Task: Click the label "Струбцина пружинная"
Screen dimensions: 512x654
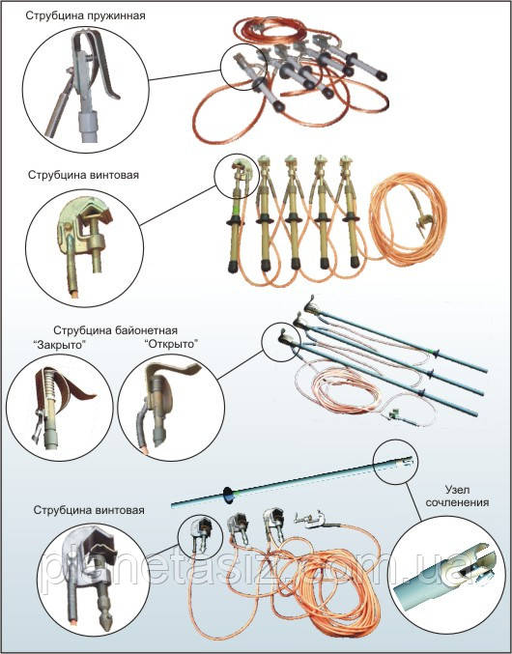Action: click(x=85, y=15)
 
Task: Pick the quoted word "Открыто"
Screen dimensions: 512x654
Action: click(x=172, y=345)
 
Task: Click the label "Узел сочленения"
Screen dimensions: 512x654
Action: click(x=457, y=496)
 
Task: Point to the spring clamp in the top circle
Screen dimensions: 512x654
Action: click(x=83, y=83)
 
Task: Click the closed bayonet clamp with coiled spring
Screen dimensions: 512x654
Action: click(x=58, y=403)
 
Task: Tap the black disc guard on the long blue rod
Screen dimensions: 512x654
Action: click(x=228, y=494)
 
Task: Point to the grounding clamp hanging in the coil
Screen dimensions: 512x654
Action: click(x=423, y=217)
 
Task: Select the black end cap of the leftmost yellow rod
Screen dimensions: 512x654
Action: click(x=233, y=267)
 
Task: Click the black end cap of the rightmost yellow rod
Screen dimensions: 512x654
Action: click(x=355, y=262)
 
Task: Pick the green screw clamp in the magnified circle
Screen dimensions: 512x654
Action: click(x=85, y=242)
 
